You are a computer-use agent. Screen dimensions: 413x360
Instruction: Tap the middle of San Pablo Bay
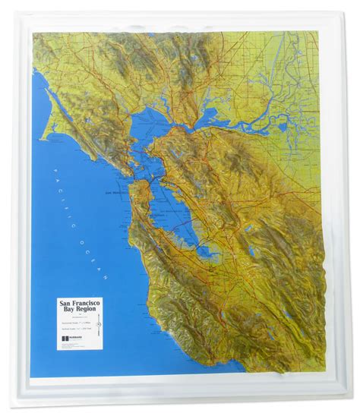coord(156,130)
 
